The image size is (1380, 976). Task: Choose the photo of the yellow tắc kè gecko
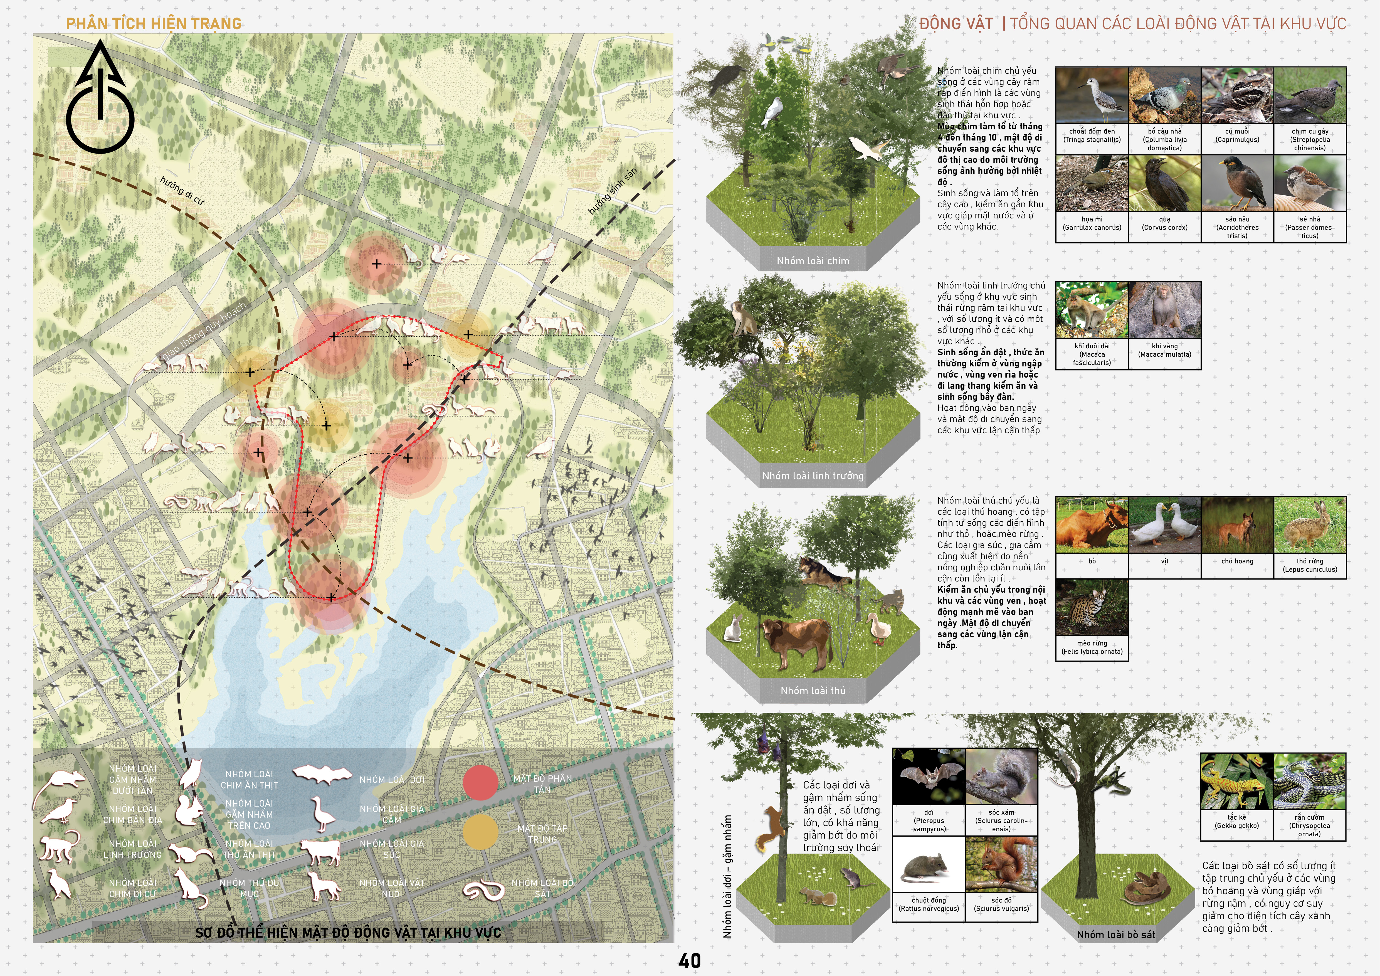1236,781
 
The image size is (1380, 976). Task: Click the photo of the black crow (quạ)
1164,183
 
